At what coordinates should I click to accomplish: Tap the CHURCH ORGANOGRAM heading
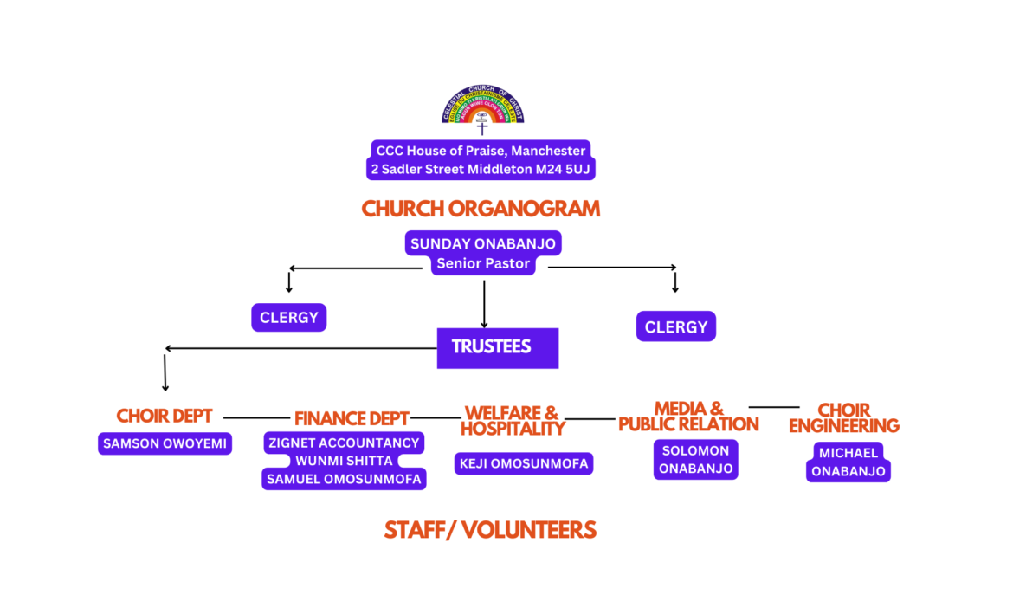coord(481,209)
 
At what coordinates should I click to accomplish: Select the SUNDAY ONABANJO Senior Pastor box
coord(483,254)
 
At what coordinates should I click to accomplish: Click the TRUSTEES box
coord(497,347)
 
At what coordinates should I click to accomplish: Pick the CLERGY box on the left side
coord(289,318)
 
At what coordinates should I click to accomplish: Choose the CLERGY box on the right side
coord(676,326)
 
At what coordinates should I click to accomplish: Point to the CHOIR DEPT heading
coord(165,416)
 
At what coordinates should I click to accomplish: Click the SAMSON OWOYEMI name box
coord(165,443)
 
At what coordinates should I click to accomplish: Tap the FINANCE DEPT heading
coord(352,418)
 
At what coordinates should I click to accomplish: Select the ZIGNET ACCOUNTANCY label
coord(344,443)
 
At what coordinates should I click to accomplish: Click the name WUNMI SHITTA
coord(344,461)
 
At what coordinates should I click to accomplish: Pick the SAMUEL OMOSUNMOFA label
coord(344,479)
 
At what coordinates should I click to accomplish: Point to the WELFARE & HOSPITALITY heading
coord(512,420)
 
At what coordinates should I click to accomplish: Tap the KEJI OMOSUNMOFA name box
coord(523,463)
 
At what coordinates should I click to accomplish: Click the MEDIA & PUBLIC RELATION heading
coord(688,416)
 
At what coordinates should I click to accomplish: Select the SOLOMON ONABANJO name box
coord(696,459)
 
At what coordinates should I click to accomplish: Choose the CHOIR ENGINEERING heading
coord(843,417)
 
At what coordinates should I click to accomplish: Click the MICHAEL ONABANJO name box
coord(848,461)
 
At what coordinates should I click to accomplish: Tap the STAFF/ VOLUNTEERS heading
coord(490,530)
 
